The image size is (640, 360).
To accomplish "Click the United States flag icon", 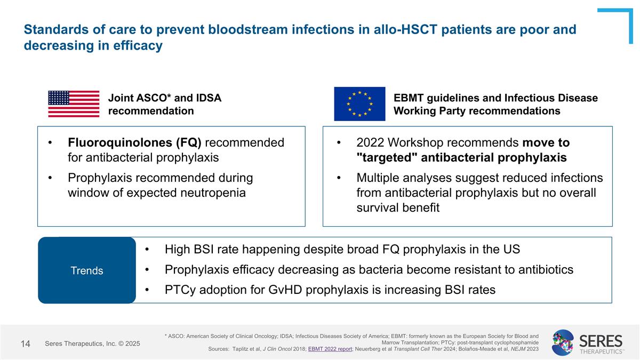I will [74, 104].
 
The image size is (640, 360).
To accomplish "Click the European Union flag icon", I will [359, 104].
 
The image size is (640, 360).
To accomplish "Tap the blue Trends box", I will [87, 270].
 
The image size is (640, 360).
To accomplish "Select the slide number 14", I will [25, 344].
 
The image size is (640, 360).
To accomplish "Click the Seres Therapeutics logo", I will [587, 342].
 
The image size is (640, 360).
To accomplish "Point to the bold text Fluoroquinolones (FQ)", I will [134, 143].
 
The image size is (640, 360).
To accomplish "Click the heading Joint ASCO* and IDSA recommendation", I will [164, 104].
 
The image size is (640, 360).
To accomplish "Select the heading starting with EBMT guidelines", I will [495, 104].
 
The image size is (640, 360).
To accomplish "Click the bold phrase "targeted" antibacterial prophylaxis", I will [461, 158].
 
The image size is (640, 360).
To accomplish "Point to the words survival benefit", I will [398, 207].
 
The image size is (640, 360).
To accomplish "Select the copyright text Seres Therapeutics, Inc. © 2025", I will [92, 344].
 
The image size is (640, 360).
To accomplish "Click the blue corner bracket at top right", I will [621, 21].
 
